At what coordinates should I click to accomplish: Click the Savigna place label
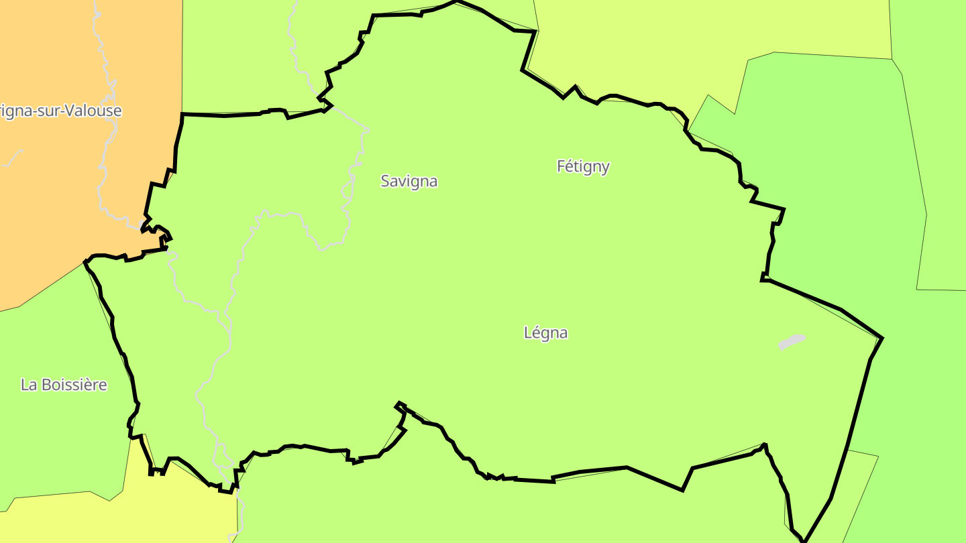(409, 181)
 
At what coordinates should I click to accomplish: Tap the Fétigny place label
(583, 166)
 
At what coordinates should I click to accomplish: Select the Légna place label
(545, 333)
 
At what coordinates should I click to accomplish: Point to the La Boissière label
(64, 385)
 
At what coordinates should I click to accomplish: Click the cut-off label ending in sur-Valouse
(60, 111)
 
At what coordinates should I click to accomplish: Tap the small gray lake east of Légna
(792, 342)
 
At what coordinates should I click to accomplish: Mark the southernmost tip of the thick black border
(804, 540)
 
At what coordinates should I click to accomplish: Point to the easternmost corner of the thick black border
(882, 338)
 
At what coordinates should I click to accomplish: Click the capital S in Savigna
(385, 181)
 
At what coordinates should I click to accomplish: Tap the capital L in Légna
(528, 333)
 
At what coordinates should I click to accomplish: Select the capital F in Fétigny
(561, 166)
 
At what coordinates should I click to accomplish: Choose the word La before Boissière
(28, 385)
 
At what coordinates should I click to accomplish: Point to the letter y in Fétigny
(605, 168)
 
